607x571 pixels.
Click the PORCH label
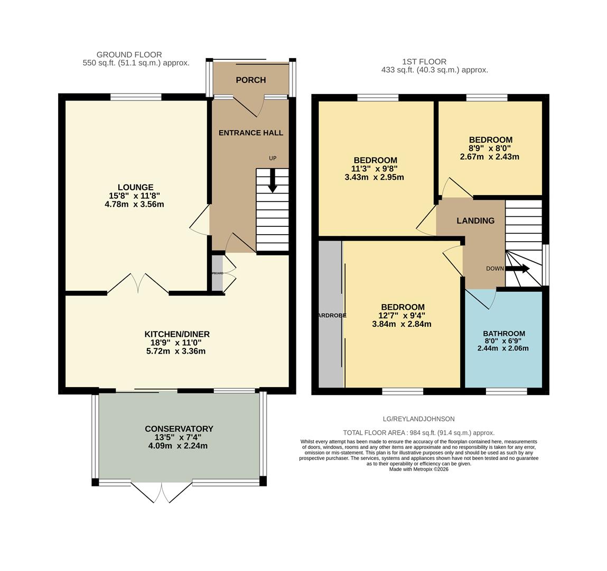[250, 80]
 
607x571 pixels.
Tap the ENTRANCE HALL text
[251, 133]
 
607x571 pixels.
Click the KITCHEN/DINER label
[177, 334]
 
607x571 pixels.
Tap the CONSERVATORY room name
[179, 429]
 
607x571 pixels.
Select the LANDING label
[475, 221]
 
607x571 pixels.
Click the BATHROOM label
[503, 334]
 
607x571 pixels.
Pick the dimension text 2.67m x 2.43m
[489, 157]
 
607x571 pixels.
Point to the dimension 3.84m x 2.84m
[401, 324]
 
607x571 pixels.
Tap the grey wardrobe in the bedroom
[331, 315]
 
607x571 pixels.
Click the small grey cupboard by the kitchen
[217, 273]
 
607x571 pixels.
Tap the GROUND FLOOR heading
[129, 54]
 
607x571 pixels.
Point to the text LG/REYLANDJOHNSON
[418, 419]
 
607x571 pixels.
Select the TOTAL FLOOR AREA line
[418, 433]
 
